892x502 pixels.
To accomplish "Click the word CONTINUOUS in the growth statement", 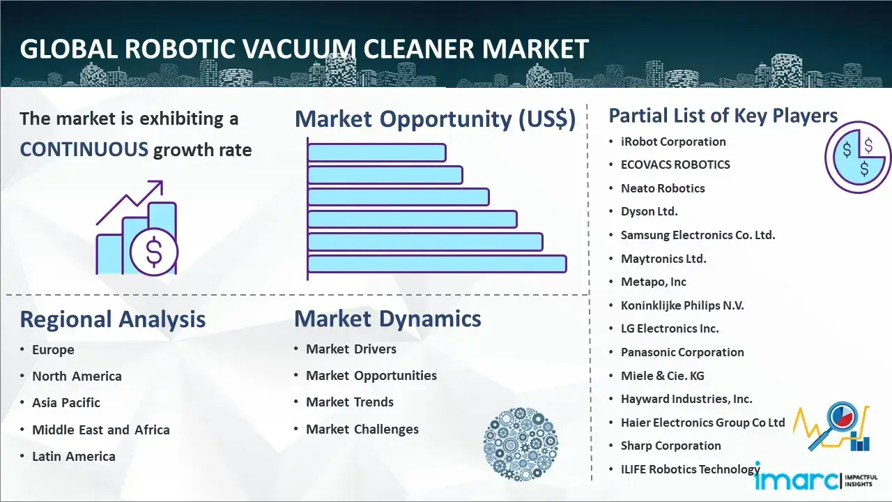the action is (84, 149).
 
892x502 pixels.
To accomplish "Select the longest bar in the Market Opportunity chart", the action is (437, 264).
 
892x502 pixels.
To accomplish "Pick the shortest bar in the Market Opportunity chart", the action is (377, 153).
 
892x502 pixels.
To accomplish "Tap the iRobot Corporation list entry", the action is (673, 142).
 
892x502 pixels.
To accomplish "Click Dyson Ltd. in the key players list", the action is (649, 211).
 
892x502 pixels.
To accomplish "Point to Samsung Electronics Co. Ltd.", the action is (698, 235).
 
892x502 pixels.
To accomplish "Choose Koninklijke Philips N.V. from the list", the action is (682, 305).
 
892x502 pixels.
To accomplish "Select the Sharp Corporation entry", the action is (670, 446).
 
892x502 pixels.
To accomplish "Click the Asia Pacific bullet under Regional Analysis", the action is (66, 403).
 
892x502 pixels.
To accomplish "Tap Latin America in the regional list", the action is (74, 456).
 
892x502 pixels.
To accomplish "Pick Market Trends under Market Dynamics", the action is (350, 402).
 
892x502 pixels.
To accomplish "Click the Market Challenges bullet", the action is (362, 429).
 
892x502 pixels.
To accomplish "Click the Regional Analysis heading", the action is (113, 319).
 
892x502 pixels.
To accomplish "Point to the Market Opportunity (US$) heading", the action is (436, 119).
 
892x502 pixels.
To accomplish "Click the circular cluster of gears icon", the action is (521, 444).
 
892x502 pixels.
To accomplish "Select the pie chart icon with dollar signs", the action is (858, 158).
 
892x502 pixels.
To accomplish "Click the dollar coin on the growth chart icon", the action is (154, 252).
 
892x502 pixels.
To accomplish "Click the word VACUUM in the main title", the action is (299, 49).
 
